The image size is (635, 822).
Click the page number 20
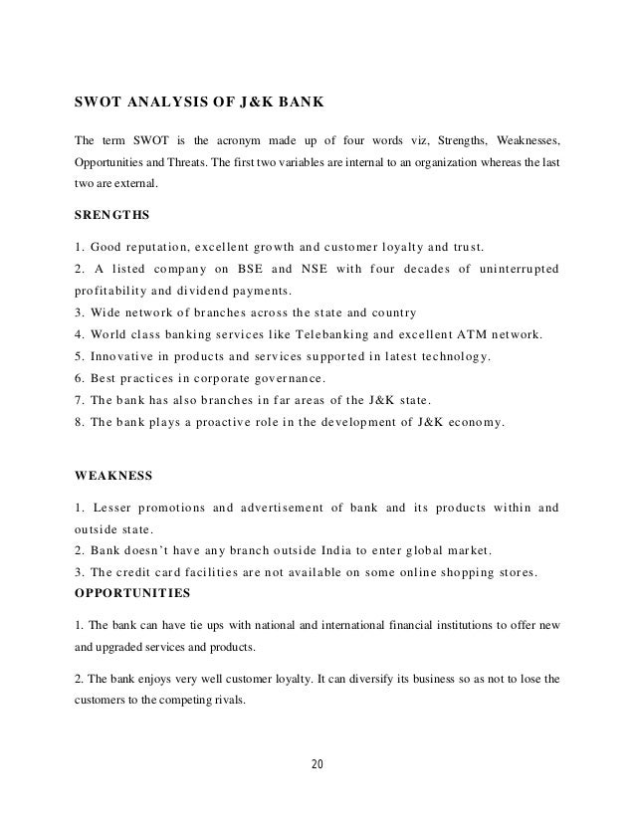[317, 764]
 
